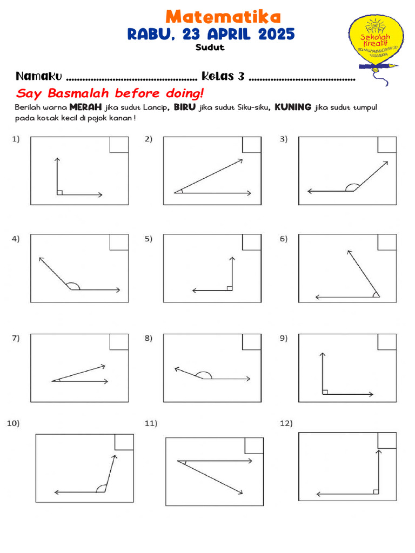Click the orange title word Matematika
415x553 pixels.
tap(223, 16)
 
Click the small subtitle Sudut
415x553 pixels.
tap(210, 48)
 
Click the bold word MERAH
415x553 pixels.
tap(86, 107)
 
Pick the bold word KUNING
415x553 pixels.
tap(292, 107)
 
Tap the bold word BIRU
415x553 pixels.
tap(185, 107)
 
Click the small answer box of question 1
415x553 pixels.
tap(119, 145)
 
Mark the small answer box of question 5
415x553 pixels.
tap(251, 242)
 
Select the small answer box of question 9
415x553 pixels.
tap(386, 342)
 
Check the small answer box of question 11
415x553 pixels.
tap(254, 446)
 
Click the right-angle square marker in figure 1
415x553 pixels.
tap(59, 192)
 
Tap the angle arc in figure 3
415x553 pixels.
tap(352, 187)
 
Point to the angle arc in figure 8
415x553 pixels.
tap(203, 375)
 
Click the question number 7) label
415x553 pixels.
tap(16, 339)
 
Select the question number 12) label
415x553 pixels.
tap(286, 424)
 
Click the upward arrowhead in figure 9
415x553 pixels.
tap(323, 355)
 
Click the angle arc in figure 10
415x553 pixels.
tap(101, 489)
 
